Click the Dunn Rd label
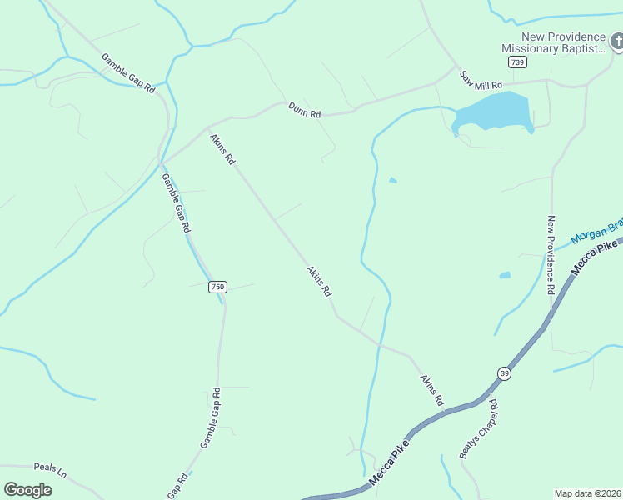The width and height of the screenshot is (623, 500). click(x=305, y=110)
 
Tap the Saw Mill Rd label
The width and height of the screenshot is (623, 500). click(x=482, y=81)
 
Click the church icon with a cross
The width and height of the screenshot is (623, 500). click(x=617, y=40)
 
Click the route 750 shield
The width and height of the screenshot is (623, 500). click(x=217, y=287)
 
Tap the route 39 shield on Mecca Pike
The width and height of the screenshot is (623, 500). click(x=505, y=373)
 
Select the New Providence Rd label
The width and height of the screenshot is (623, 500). click(x=551, y=255)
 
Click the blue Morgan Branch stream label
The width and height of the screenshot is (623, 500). click(x=596, y=232)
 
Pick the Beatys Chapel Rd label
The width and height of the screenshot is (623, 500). click(x=480, y=428)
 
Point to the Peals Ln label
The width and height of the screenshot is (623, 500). click(x=50, y=470)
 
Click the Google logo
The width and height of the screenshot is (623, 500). click(x=27, y=490)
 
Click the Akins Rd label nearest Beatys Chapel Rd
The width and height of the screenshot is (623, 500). click(x=431, y=390)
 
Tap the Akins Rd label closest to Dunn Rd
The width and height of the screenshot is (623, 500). click(x=222, y=149)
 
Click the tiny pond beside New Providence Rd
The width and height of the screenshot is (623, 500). click(x=505, y=274)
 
